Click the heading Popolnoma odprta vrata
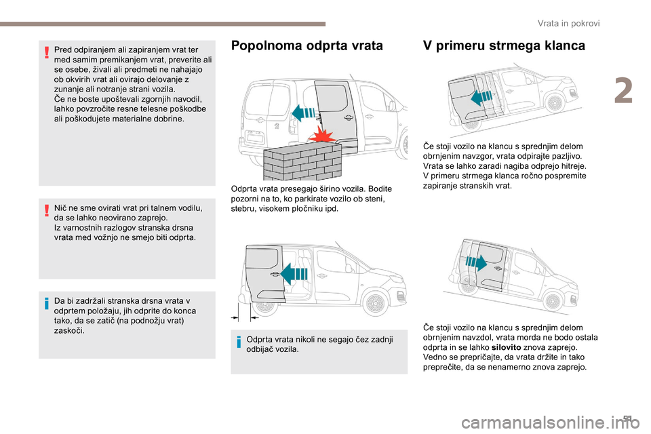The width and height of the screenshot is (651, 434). pyautogui.click(x=307, y=46)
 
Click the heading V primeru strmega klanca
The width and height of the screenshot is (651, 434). pyautogui.click(x=504, y=46)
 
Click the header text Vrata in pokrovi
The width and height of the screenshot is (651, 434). pyautogui.click(x=568, y=23)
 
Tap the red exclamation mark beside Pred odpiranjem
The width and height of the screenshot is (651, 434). pyautogui.click(x=47, y=54)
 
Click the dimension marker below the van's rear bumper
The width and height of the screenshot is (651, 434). pyautogui.click(x=241, y=317)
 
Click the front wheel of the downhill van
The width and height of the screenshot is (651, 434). pyautogui.click(x=554, y=296)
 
